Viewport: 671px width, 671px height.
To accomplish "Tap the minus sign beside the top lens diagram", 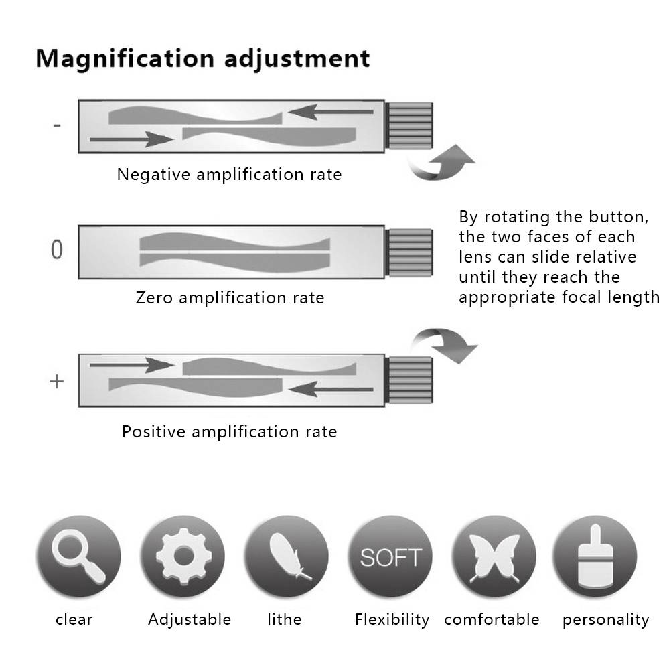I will [58, 125].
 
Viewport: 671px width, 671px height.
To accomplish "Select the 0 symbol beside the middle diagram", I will [57, 250].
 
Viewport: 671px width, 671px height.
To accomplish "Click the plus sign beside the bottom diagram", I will [57, 382].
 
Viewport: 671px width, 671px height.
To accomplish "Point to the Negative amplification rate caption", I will [229, 175].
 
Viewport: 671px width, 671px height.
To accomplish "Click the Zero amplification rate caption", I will [230, 297].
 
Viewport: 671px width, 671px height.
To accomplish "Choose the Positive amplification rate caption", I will [229, 431].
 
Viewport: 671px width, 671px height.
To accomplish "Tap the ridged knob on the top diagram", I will [410, 126].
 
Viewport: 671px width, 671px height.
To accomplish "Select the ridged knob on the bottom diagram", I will [410, 380].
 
